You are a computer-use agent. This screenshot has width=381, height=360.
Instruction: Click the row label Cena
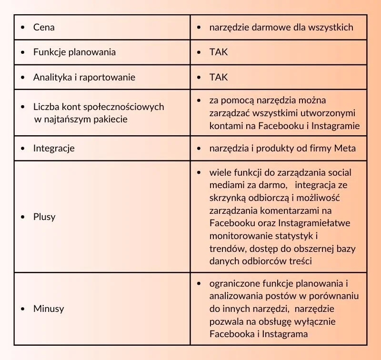coord(44,27)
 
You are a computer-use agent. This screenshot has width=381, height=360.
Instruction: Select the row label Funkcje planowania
coord(74,52)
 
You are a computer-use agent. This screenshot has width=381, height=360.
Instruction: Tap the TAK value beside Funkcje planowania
coord(219,52)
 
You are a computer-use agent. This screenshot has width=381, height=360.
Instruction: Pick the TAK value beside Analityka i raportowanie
coord(219,77)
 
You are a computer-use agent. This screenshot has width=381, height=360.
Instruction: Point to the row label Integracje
coord(54,148)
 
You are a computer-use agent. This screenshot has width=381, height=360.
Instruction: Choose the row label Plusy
coord(44,217)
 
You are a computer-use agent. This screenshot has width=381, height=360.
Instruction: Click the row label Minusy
coord(49,309)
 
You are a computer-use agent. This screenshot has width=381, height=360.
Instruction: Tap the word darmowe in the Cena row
coord(270,27)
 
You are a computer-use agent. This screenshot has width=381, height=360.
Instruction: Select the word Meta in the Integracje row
coord(345,148)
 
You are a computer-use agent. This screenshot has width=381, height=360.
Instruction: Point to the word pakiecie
coord(110,119)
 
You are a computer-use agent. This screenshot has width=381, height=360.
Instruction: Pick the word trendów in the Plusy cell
coord(225,249)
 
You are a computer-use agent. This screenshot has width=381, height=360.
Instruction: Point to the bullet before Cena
coord(22,28)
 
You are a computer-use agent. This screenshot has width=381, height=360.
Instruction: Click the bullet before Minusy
coord(22,309)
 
